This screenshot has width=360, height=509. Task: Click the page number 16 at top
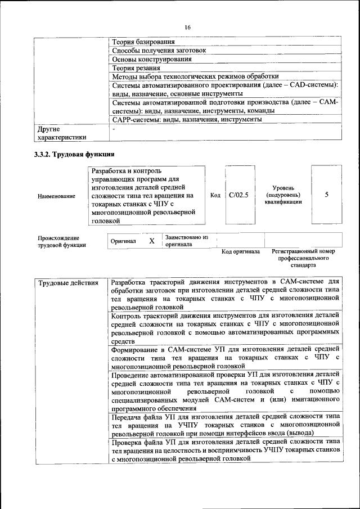tap(187, 26)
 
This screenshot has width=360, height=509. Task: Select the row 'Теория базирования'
tap(143, 42)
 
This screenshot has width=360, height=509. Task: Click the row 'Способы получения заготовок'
tap(159, 50)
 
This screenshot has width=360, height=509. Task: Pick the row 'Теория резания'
tap(134, 68)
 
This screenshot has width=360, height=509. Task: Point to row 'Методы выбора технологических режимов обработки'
tap(195, 76)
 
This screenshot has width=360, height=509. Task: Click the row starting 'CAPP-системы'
tap(186, 120)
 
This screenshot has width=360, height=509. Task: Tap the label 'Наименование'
tap(56, 196)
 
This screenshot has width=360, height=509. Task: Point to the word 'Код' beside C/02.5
tap(215, 195)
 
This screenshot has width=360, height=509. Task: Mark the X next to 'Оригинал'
tap(151, 241)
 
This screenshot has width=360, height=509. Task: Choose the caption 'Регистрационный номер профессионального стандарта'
tap(303, 258)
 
